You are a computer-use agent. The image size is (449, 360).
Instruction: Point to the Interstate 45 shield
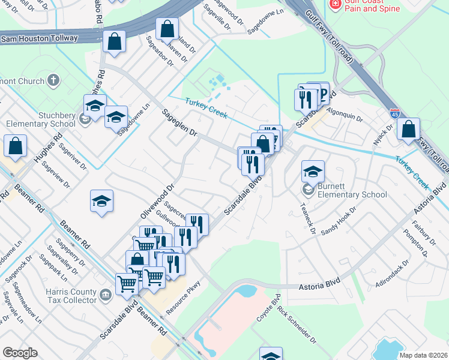click(394, 112)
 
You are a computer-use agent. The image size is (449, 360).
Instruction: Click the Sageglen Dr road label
click(178, 123)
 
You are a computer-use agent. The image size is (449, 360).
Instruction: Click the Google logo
click(20, 353)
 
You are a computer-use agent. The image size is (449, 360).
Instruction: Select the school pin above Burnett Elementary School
click(313, 171)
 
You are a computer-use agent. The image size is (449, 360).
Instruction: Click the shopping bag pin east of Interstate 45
click(408, 128)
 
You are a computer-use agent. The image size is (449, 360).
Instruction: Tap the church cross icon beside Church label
click(53, 81)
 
